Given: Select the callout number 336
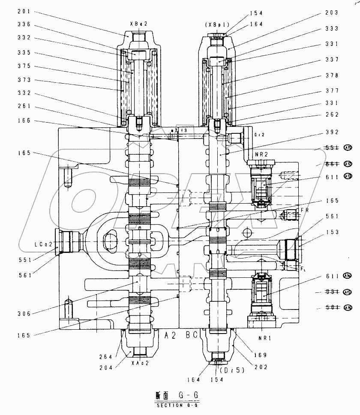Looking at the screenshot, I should coord(24,24).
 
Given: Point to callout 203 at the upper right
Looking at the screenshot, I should coord(331,13).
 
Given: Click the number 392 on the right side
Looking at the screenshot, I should coord(331,132).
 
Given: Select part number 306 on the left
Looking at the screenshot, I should coord(24,314).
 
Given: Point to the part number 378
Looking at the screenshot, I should coord(331,75).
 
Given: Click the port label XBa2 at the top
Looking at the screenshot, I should coord(138,24).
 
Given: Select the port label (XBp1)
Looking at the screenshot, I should coord(218,25).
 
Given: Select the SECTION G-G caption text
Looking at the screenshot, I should coord(177,406).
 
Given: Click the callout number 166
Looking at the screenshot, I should coord(24,121).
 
